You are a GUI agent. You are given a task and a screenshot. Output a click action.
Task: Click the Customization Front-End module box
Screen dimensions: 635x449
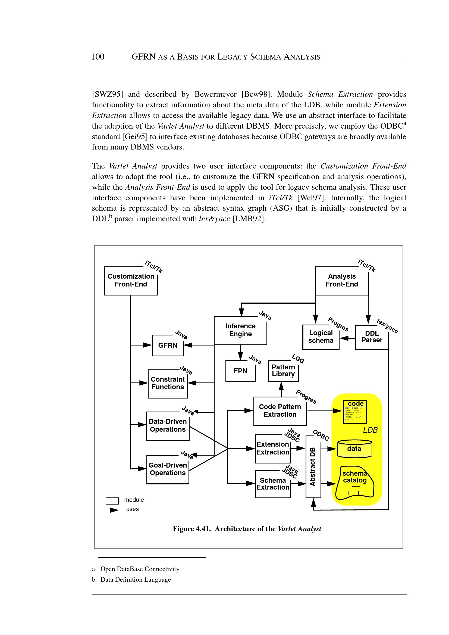click(x=131, y=280)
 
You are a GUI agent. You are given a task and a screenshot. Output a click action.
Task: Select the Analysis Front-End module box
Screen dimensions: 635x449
click(x=342, y=280)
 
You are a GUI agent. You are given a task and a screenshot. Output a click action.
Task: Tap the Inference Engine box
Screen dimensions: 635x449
click(x=240, y=330)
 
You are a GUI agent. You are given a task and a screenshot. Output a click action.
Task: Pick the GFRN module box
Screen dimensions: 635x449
click(x=168, y=345)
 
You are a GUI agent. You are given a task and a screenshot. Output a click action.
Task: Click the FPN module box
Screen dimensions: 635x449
click(x=240, y=371)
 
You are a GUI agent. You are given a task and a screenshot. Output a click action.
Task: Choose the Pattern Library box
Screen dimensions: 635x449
click(x=283, y=371)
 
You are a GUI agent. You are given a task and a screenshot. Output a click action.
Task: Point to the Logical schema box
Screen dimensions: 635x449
click(x=321, y=337)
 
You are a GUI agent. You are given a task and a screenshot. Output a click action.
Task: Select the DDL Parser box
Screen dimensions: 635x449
click(x=372, y=337)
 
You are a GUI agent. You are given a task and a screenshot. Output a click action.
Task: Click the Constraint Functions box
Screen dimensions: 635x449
click(x=168, y=383)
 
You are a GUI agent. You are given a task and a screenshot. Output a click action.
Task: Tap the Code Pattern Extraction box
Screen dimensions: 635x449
click(x=280, y=411)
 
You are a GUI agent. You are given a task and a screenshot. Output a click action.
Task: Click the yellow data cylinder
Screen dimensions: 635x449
click(x=354, y=449)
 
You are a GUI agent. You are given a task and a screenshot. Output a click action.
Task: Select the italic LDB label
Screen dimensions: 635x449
click(x=370, y=430)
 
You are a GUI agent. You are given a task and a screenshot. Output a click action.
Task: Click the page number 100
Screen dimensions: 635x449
click(x=98, y=57)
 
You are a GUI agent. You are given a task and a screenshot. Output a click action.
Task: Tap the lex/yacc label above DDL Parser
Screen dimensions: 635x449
click(x=387, y=326)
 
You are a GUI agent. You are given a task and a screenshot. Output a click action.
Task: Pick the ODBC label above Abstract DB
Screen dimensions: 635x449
click(x=321, y=435)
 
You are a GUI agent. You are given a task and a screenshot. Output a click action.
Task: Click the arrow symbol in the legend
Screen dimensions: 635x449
click(x=112, y=510)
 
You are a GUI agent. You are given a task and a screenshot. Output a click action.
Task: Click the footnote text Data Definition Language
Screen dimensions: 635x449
click(x=136, y=579)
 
